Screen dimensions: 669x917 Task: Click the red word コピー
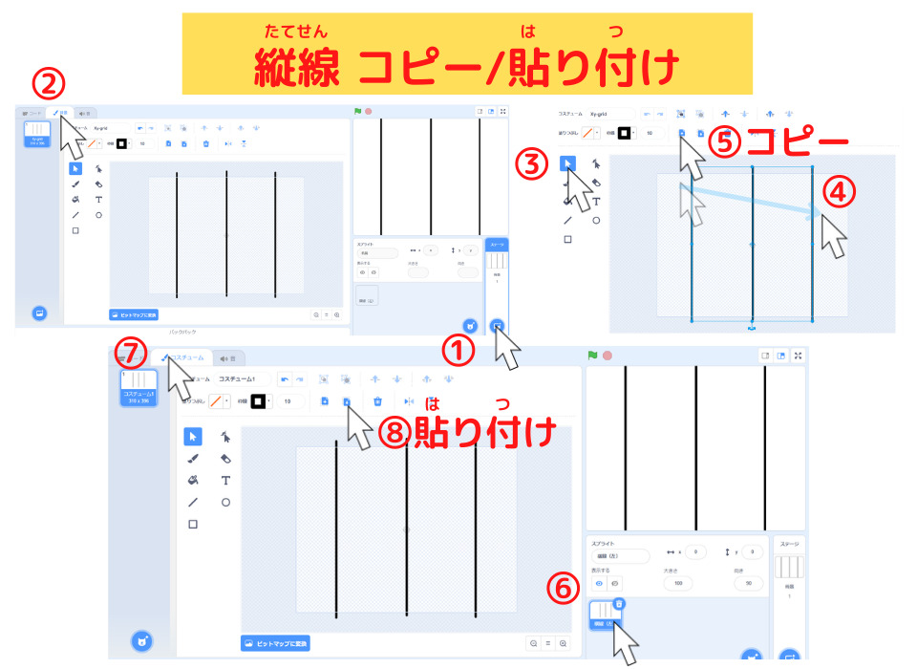[797, 143]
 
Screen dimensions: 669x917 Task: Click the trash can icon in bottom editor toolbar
[378, 401]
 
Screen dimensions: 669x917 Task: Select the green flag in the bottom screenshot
[592, 356]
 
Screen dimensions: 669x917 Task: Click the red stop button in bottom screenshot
[608, 356]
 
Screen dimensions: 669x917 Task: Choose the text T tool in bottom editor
[225, 480]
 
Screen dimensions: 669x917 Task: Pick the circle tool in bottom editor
[225, 502]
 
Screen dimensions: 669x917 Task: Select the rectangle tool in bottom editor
[193, 524]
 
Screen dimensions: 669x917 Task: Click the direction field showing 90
[748, 583]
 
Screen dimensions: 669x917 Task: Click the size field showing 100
[678, 583]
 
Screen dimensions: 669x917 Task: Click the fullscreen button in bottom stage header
[799, 356]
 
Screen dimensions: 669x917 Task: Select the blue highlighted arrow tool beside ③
[568, 163]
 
